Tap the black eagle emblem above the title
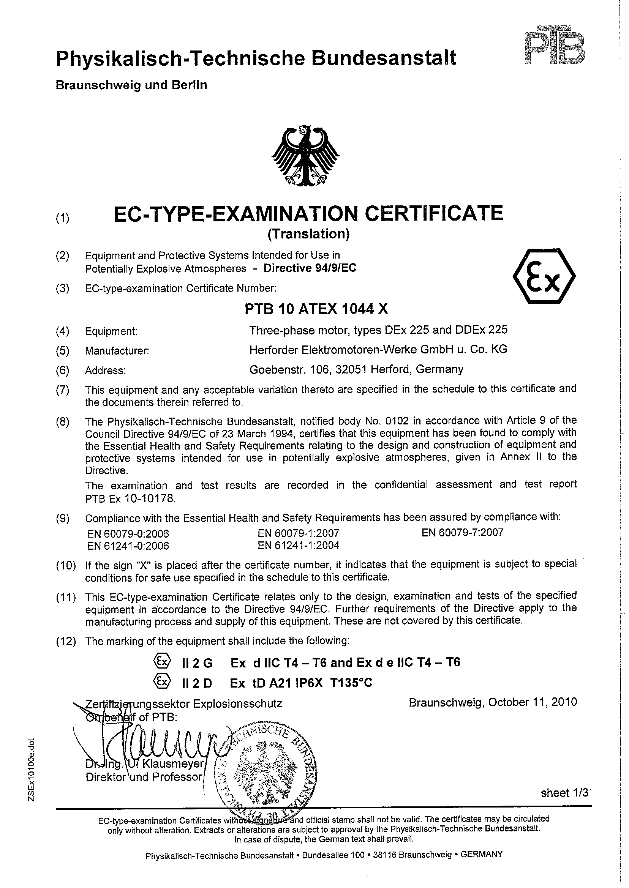[x=307, y=157]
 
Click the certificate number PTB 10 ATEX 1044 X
[x=316, y=309]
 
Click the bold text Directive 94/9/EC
[x=310, y=268]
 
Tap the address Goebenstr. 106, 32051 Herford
[x=356, y=369]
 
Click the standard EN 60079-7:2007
[x=463, y=533]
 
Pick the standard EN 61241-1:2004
[x=298, y=546]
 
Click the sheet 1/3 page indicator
[x=564, y=793]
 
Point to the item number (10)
[x=65, y=566]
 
